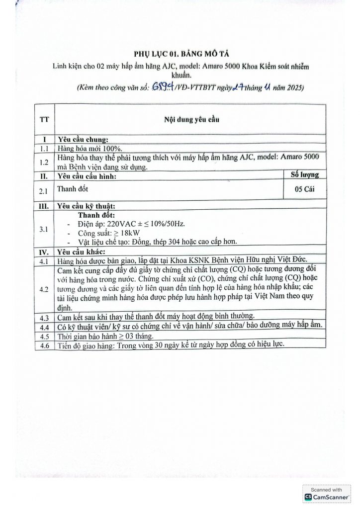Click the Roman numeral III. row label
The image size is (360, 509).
(x=44, y=205)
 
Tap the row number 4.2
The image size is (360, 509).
(x=44, y=288)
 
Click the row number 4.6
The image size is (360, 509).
(x=44, y=345)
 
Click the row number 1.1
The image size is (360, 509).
(x=44, y=148)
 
